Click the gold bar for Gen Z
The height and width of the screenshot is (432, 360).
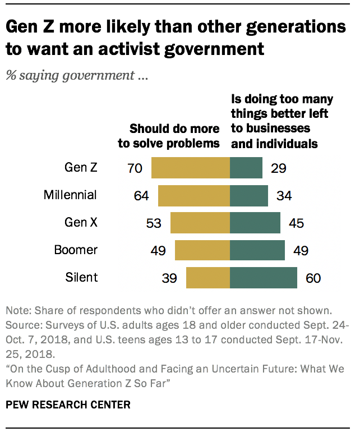coord(191,168)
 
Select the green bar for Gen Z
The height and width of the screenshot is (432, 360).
coord(246,168)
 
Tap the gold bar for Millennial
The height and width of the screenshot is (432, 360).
coord(194,196)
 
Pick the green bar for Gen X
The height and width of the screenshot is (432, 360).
coord(255,223)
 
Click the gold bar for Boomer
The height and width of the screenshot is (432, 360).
coord(202,250)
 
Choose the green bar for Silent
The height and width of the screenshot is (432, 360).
coord(264,278)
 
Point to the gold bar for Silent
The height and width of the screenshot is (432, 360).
coord(208,278)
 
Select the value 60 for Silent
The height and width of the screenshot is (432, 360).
coord(312,278)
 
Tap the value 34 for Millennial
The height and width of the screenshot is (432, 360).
coord(283,196)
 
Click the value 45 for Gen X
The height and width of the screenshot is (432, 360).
coord(296,223)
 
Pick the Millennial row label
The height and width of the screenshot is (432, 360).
coord(70,195)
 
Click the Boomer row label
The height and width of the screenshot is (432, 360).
coord(76,250)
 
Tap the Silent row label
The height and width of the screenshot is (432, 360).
coord(81,277)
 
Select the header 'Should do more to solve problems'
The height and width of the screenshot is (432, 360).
coord(168,135)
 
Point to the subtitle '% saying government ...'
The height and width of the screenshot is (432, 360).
coord(76,76)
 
